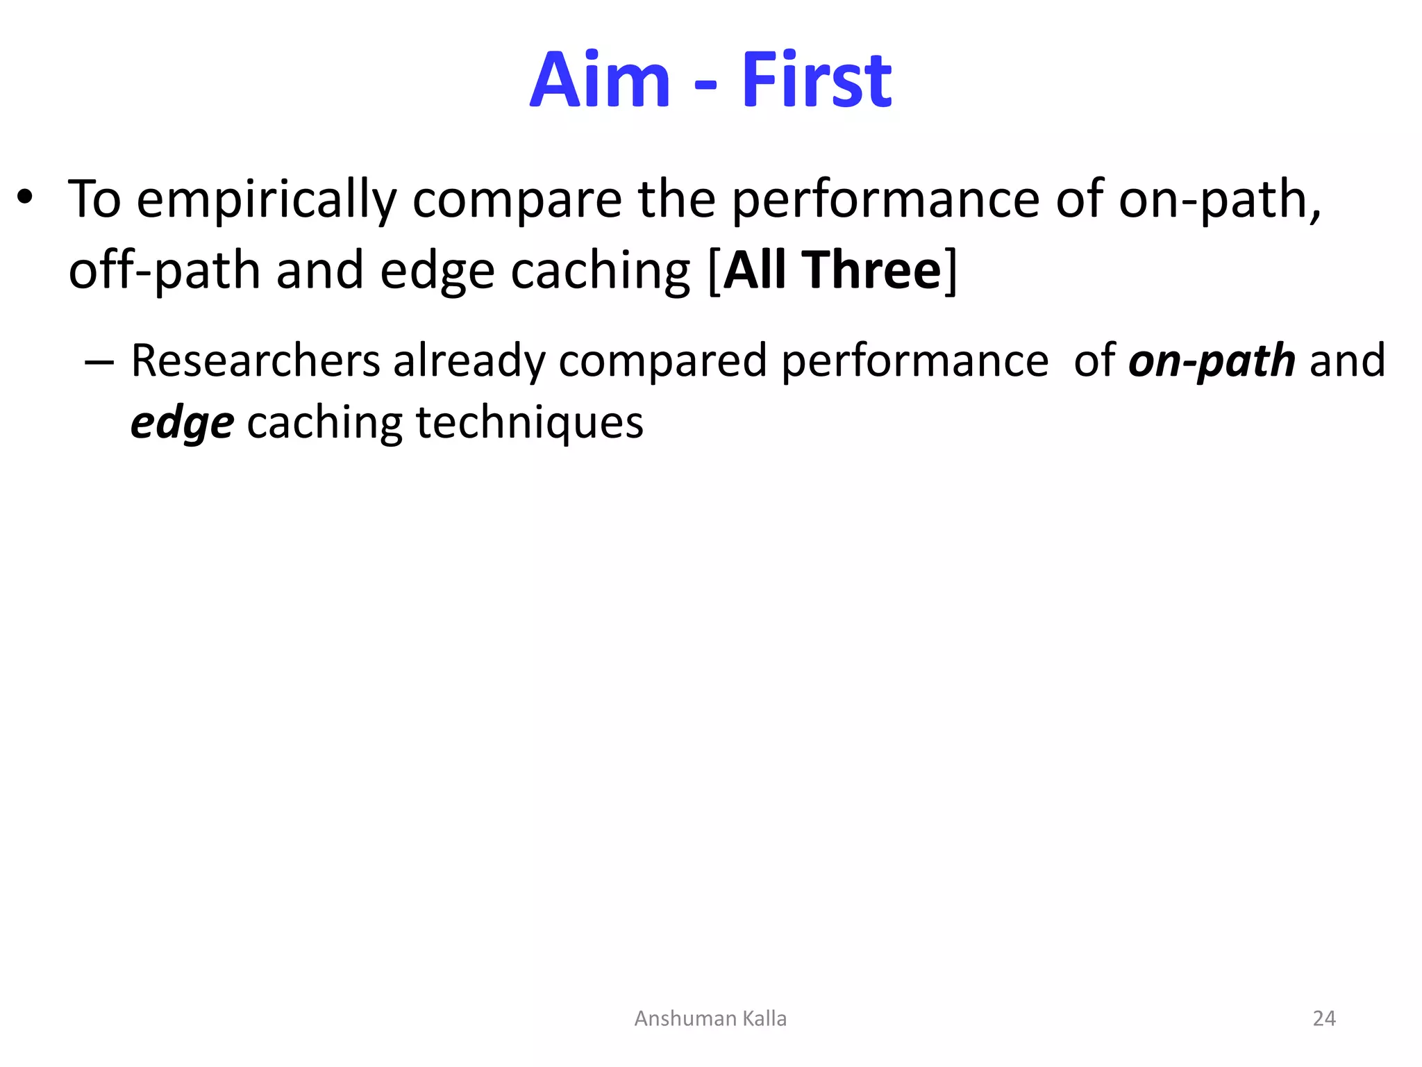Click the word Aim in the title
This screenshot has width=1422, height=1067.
point(600,81)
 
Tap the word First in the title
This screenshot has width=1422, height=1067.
point(817,81)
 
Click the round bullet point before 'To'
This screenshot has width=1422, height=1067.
point(26,198)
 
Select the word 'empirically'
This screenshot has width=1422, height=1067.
point(267,200)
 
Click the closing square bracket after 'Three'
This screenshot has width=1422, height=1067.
point(951,271)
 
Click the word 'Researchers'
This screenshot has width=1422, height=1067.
point(255,361)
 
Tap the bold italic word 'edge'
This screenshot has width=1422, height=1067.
point(183,424)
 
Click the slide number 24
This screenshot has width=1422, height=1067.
point(1324,1018)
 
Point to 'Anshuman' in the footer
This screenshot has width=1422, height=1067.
point(685,1018)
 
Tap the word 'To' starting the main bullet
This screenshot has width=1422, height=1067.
point(94,199)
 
